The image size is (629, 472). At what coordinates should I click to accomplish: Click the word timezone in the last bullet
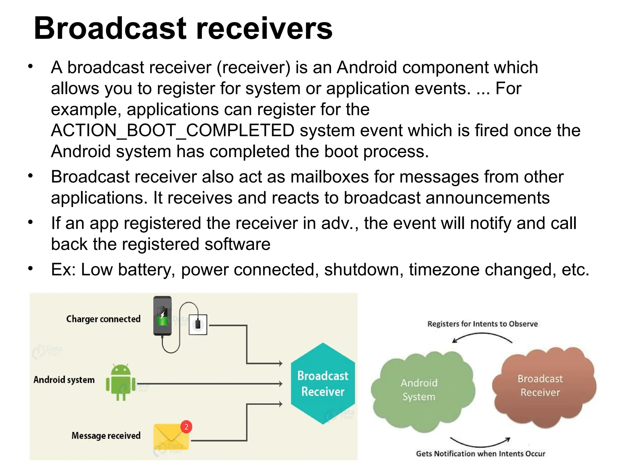(444, 269)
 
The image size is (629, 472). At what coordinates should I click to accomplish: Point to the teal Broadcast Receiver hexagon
(322, 383)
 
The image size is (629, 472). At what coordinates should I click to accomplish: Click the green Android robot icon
(121, 382)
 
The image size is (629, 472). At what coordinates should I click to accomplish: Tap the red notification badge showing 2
(186, 427)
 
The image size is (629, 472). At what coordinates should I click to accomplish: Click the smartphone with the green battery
(162, 316)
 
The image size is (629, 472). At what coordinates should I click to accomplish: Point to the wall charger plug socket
(198, 324)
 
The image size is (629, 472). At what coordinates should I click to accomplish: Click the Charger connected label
(103, 319)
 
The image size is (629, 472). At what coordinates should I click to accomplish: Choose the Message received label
(106, 435)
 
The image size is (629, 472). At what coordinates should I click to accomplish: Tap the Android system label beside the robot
(64, 380)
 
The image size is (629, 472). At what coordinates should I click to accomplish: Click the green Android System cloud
(419, 390)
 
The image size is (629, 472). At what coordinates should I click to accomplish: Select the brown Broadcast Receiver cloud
(541, 386)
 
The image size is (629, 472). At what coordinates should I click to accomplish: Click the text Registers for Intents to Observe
(482, 324)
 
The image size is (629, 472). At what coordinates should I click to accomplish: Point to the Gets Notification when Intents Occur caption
(480, 454)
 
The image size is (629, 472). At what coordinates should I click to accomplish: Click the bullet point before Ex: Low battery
(30, 269)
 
